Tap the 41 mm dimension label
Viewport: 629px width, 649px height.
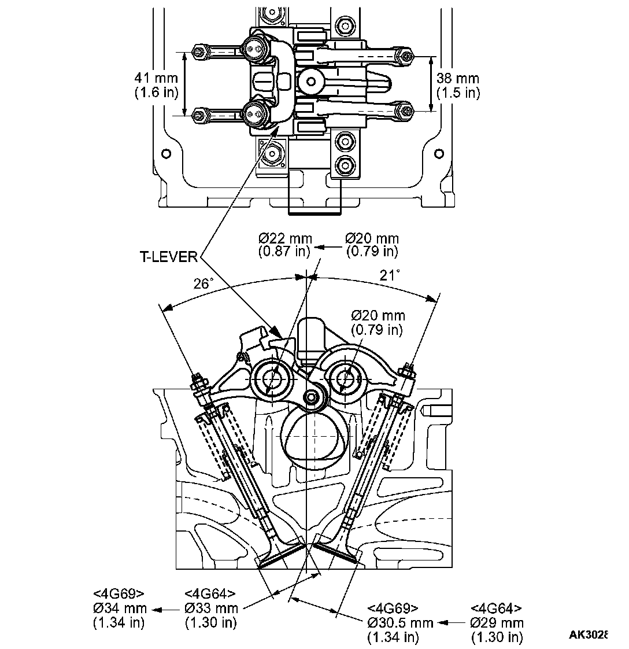click(156, 78)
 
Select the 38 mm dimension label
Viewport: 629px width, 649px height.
click(458, 78)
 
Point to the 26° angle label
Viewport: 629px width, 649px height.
click(203, 284)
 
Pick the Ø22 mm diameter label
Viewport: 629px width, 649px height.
click(285, 238)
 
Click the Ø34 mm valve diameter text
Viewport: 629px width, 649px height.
click(120, 608)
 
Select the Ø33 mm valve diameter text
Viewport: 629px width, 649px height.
click(211, 608)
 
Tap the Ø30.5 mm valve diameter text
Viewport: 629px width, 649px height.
click(400, 622)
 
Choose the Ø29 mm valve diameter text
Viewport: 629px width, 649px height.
click(497, 622)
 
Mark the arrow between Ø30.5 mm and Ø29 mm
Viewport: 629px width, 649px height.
click(452, 622)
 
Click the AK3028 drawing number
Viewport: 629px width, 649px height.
click(587, 635)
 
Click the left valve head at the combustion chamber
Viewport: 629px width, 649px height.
click(282, 555)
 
